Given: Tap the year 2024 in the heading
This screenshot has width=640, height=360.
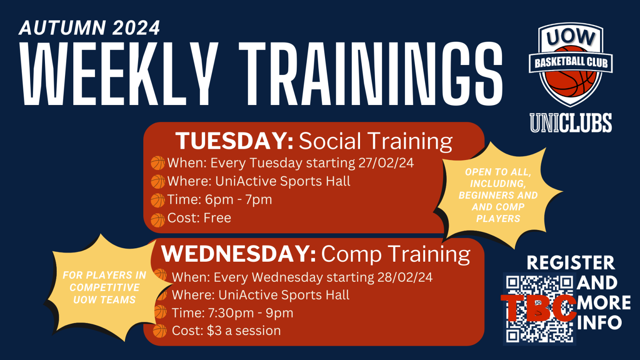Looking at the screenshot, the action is (136, 28).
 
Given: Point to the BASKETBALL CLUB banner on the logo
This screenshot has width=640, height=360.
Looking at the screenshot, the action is (571, 63).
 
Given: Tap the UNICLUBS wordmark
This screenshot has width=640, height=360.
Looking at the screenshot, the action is (571, 123).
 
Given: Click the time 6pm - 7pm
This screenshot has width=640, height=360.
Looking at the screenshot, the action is (239, 200).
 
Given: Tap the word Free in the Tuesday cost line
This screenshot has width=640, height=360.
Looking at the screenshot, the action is (217, 218).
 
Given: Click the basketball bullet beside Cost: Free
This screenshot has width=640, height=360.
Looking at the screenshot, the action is (158, 220).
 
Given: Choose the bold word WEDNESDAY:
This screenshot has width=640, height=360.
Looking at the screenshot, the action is (239, 254).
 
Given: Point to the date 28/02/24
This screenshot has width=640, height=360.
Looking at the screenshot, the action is (405, 277).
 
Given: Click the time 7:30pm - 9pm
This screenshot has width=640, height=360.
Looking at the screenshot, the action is (250, 313).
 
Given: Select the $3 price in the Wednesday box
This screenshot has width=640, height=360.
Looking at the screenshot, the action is (214, 330).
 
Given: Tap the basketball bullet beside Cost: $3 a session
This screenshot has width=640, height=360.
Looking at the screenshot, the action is (160, 331).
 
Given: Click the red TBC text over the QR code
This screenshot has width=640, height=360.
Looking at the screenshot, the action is (539, 308).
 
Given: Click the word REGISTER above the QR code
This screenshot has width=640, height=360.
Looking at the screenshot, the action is (571, 263).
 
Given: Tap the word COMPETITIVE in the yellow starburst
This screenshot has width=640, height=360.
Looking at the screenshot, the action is (105, 287).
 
